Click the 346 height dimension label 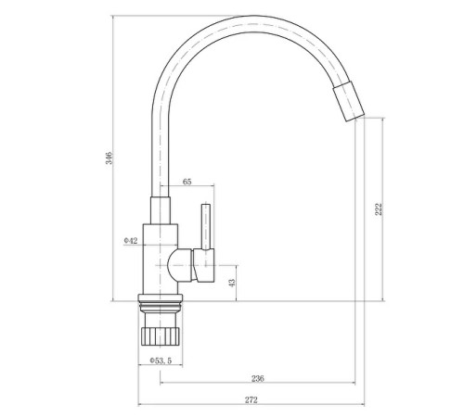(x=110, y=158)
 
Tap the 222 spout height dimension (x=379, y=209)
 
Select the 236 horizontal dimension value (x=257, y=378)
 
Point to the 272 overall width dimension (x=251, y=400)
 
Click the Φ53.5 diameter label (x=161, y=360)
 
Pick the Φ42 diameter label (x=131, y=241)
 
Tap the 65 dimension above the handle (x=187, y=182)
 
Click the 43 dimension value (x=232, y=283)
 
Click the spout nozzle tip (x=349, y=102)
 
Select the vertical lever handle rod (x=206, y=226)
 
